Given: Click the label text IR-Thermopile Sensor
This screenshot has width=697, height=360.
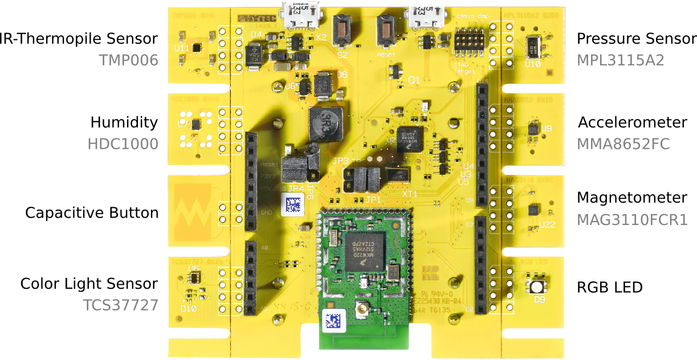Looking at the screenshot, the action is click(79, 39).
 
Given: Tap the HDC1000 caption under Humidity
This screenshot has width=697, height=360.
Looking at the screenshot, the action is click(123, 144).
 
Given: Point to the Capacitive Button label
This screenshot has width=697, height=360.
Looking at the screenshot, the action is click(91, 213).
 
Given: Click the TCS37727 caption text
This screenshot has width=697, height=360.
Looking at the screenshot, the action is click(121, 305).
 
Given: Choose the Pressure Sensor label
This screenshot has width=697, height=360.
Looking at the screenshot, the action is click(636, 39).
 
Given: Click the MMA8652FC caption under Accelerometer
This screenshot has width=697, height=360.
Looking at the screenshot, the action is click(623, 144).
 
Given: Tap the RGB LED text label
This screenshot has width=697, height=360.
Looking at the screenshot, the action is click(610, 287).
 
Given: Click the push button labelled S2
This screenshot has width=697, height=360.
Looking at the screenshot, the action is click(342, 31).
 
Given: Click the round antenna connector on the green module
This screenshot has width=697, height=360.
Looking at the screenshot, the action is click(361, 311).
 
